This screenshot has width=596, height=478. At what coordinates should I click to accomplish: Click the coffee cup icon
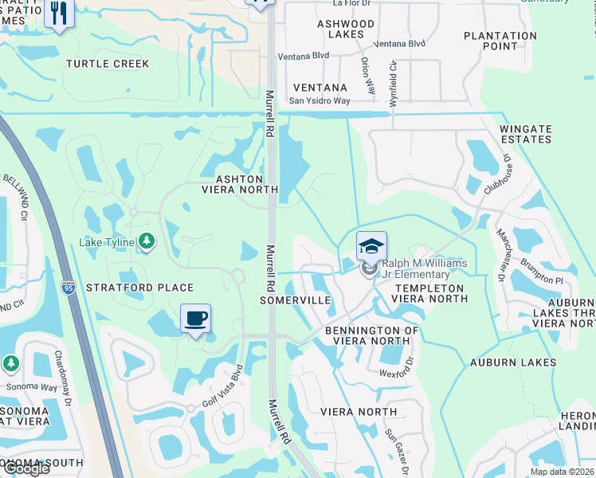[196, 319]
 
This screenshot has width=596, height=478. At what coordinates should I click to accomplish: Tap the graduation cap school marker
[371, 247]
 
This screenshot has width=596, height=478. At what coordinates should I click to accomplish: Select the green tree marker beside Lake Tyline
[146, 241]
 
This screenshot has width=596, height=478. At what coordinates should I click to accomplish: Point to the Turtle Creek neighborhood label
[108, 64]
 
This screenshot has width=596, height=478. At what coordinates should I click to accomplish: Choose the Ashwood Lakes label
[346, 29]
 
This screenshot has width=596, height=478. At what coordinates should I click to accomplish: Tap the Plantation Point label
[500, 41]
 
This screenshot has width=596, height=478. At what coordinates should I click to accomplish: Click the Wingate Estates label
[525, 134]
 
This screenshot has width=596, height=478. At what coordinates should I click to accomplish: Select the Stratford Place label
[139, 288]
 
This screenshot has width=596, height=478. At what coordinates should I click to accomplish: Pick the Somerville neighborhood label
[296, 300]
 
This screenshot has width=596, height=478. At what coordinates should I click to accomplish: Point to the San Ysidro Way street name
[319, 101]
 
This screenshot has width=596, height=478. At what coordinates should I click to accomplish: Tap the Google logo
[25, 468]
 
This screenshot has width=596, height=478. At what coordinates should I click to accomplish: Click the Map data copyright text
[559, 472]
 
